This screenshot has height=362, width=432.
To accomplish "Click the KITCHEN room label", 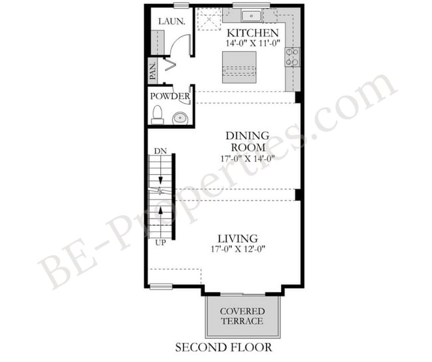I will [253, 33].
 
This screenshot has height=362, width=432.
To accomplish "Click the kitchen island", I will [239, 64].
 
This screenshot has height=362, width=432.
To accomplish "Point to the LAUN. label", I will [171, 21].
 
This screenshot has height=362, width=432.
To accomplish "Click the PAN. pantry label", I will [153, 70].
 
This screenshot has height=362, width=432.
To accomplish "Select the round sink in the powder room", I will [179, 118].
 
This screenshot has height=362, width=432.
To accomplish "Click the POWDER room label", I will [170, 96].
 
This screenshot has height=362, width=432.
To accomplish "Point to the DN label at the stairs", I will [160, 151].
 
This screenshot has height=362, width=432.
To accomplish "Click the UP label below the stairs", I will [160, 243].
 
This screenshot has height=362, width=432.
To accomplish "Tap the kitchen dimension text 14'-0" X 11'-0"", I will [253, 45].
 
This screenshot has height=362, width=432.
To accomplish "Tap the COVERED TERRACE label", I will [242, 316].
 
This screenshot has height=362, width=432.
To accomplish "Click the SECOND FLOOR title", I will [223, 347].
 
